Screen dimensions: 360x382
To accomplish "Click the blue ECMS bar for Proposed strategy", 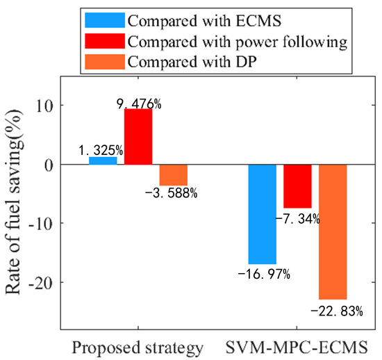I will click(x=103, y=161).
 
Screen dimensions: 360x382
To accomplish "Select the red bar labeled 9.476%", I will click(x=138, y=136).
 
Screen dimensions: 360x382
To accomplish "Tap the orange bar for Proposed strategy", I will click(x=173, y=174).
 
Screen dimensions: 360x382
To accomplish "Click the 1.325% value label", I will click(x=100, y=150).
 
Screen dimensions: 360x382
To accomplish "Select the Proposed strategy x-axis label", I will click(x=138, y=345).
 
